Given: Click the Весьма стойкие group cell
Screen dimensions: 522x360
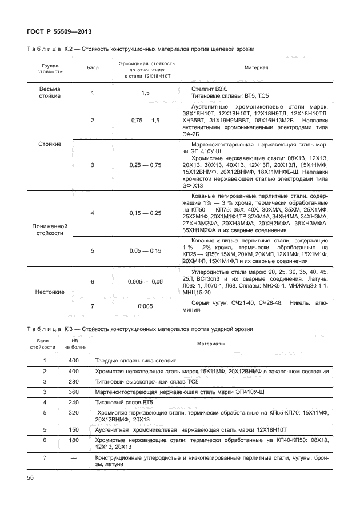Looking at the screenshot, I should pos(50,93).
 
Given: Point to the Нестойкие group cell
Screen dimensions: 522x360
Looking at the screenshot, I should pos(50,292).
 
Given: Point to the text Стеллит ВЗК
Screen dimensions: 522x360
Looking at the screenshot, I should pos(211,89).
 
